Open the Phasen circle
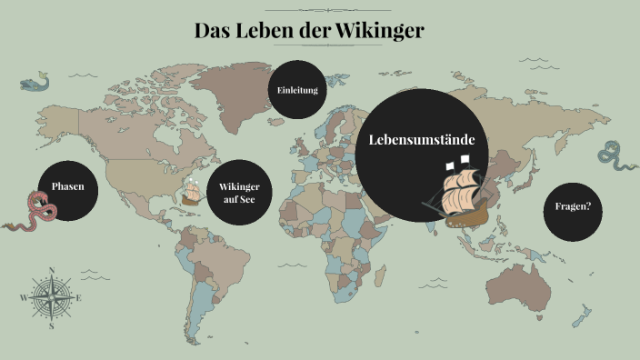tap(67, 186)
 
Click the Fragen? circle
tap(573, 206)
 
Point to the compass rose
tap(52, 297)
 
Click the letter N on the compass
tap(52, 270)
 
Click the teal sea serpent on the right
tap(617, 157)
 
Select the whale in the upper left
tap(35, 84)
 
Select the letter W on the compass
tap(23, 297)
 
